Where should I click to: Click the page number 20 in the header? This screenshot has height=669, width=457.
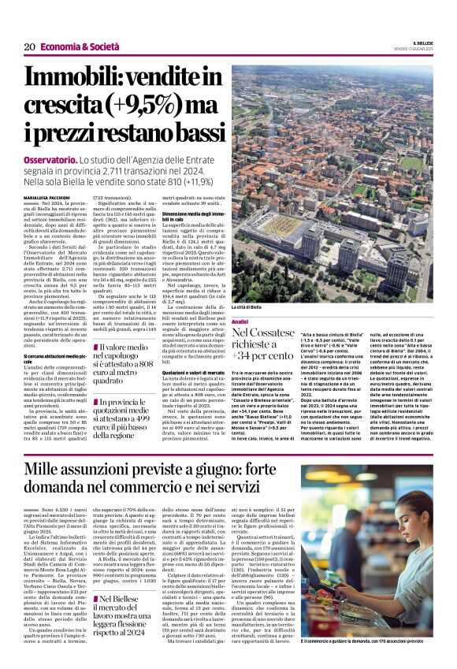tap(29, 47)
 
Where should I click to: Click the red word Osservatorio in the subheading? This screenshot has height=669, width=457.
tap(54, 159)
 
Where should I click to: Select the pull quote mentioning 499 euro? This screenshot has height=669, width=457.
tap(124, 417)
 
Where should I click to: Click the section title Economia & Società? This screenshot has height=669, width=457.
tap(76, 47)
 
